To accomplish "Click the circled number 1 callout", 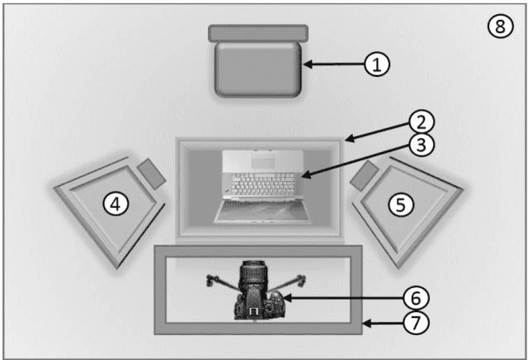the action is point(377,64).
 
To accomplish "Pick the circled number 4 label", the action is point(116,203).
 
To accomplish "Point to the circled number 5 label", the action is point(401,204).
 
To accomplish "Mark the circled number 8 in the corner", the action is point(498,26).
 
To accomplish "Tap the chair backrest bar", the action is point(258,33).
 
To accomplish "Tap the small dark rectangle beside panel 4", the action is point(151,173).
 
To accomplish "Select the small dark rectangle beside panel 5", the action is point(364,174).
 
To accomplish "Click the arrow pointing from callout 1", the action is point(334,64).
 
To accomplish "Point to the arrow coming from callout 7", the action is point(384,322).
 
